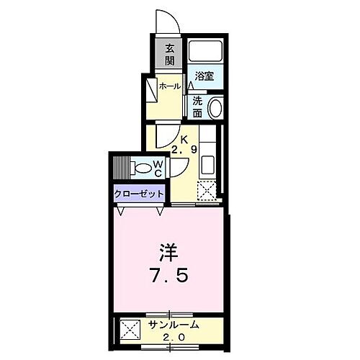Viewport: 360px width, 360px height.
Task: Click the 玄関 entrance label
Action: [170, 54]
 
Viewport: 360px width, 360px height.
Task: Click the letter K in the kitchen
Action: [184, 140]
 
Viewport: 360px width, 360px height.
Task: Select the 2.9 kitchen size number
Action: [184, 151]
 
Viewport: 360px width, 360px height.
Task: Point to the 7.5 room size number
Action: [171, 276]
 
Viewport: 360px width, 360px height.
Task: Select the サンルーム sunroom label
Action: [172, 325]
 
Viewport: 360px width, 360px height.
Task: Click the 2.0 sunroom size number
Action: [173, 337]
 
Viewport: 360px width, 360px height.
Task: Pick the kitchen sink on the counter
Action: [207, 163]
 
